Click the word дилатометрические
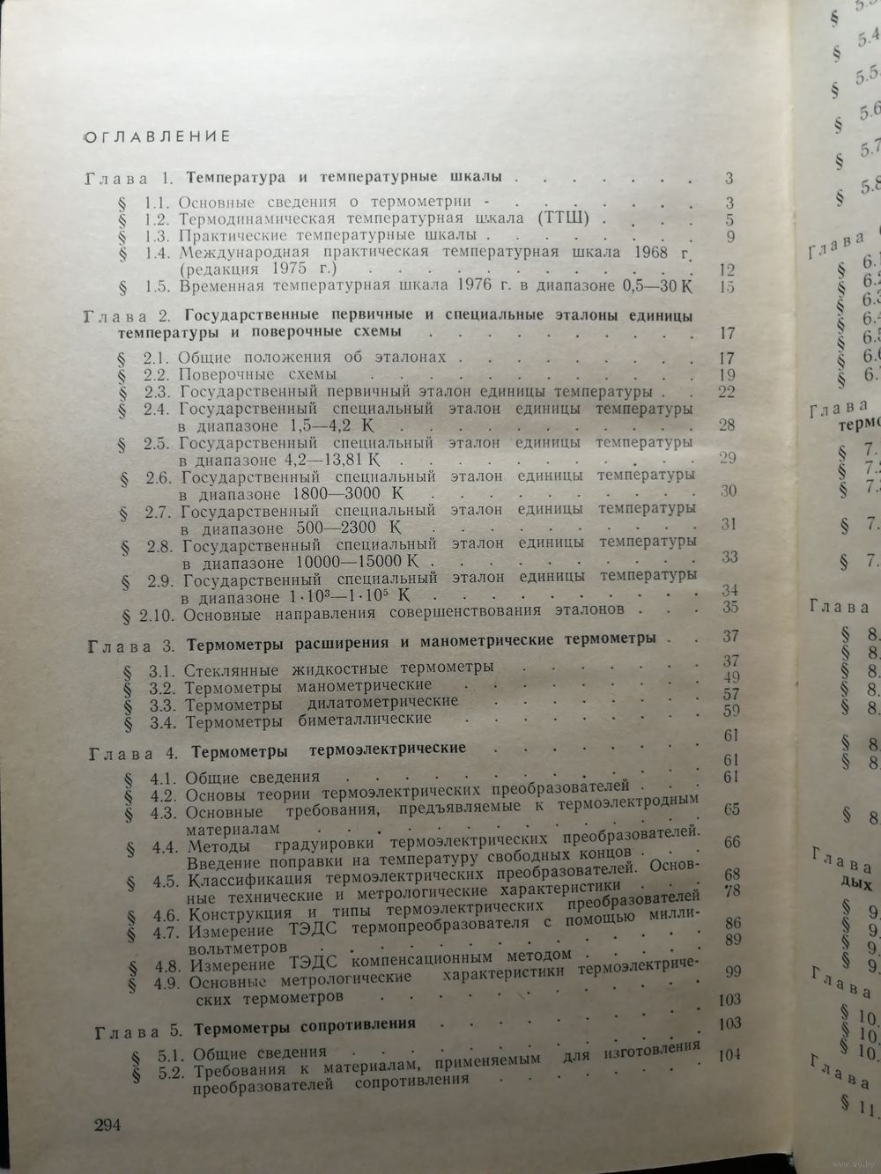[x=383, y=702]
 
